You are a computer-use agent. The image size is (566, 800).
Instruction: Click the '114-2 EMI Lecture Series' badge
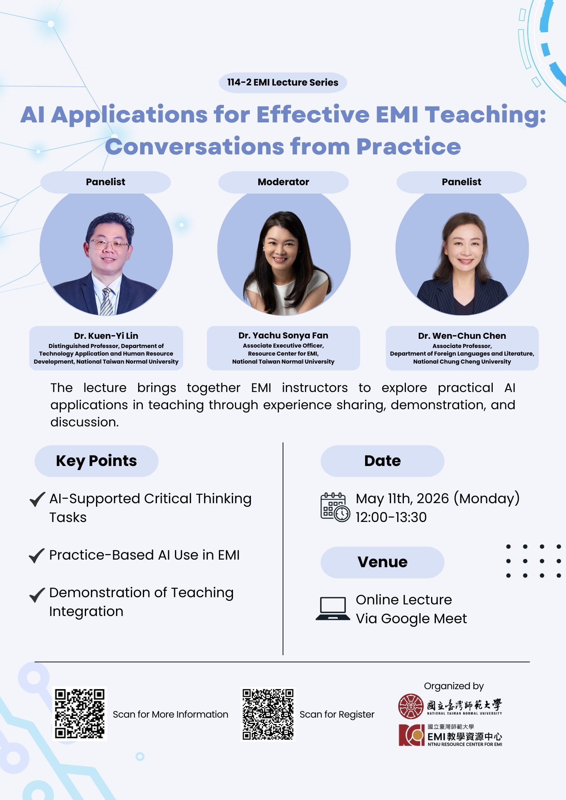pos(283,82)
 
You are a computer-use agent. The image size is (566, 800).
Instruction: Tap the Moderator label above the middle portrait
pos(283,182)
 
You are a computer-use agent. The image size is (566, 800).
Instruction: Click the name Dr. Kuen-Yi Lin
pos(106,336)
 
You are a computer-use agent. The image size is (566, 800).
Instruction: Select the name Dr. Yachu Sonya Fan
pos(283,335)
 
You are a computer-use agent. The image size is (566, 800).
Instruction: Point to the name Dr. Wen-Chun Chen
pos(462,336)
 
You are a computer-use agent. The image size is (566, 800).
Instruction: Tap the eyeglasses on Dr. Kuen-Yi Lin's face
pos(108,244)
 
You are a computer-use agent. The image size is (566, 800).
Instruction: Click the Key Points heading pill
pos(96,461)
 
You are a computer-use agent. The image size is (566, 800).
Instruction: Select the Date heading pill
pos(382,461)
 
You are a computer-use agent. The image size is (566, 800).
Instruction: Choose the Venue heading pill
pos(382,562)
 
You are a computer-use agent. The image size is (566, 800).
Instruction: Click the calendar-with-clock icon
pos(335,507)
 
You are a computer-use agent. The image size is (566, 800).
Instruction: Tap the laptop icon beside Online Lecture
pos(333,608)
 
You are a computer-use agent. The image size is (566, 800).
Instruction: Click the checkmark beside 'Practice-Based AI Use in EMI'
pos(37,555)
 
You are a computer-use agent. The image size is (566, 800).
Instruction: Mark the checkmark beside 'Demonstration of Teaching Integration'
pos(37,594)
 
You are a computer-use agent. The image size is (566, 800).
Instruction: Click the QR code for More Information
pos(80,714)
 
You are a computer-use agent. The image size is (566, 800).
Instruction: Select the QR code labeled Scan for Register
pos(268,714)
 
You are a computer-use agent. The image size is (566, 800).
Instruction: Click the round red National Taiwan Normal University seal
pos(410,706)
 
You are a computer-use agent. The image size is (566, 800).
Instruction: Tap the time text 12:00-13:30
pos(391,517)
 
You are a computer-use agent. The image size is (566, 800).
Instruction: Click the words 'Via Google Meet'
pos(411,618)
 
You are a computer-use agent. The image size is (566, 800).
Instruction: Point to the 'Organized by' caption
pos(454,686)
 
